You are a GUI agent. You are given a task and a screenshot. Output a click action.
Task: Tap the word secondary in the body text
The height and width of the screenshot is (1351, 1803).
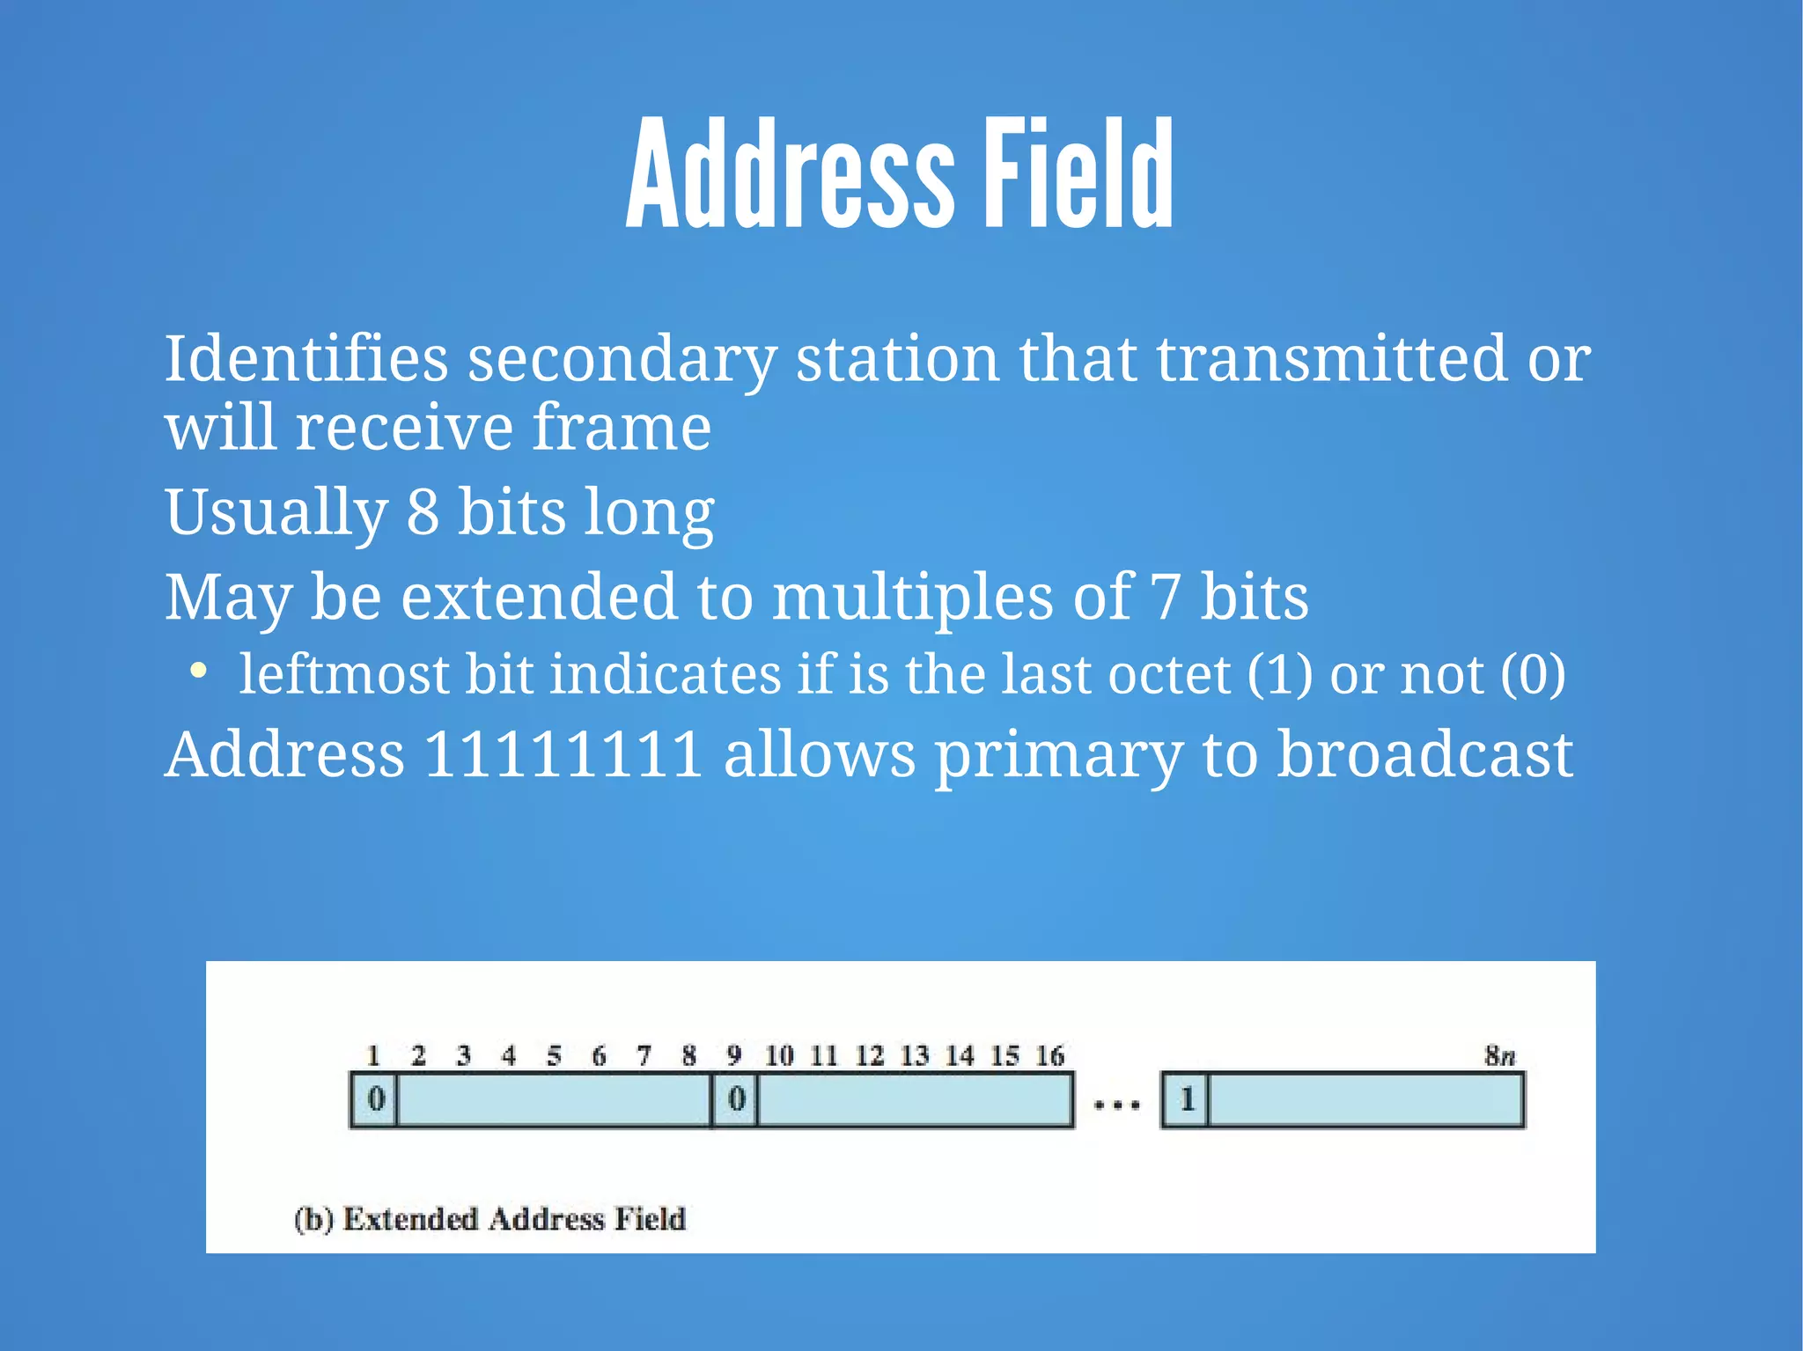[622, 361]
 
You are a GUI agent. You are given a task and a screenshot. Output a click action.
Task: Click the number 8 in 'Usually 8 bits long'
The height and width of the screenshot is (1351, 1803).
[423, 512]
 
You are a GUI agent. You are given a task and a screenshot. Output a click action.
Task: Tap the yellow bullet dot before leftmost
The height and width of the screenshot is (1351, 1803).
[199, 672]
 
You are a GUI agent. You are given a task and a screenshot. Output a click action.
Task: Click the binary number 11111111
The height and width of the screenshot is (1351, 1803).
[563, 754]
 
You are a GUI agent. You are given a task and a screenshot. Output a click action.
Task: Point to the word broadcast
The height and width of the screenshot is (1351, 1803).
[1424, 754]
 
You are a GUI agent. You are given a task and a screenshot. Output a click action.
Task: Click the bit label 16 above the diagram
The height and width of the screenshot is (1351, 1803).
[1049, 1055]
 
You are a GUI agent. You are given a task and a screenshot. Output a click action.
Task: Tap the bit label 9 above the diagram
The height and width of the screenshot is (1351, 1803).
[734, 1055]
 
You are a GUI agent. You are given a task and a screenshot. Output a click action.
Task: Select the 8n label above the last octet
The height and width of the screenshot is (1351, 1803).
[1499, 1055]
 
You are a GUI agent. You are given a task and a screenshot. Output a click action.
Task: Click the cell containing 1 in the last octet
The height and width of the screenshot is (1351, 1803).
[1186, 1099]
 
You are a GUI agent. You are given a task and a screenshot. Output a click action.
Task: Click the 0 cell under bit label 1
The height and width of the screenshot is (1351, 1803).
[376, 1099]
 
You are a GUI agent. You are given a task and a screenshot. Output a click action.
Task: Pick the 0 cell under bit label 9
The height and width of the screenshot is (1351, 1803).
[736, 1099]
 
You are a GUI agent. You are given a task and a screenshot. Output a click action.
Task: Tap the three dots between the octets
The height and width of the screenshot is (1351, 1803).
[1116, 1104]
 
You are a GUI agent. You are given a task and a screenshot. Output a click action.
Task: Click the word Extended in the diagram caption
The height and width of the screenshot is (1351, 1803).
[410, 1219]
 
